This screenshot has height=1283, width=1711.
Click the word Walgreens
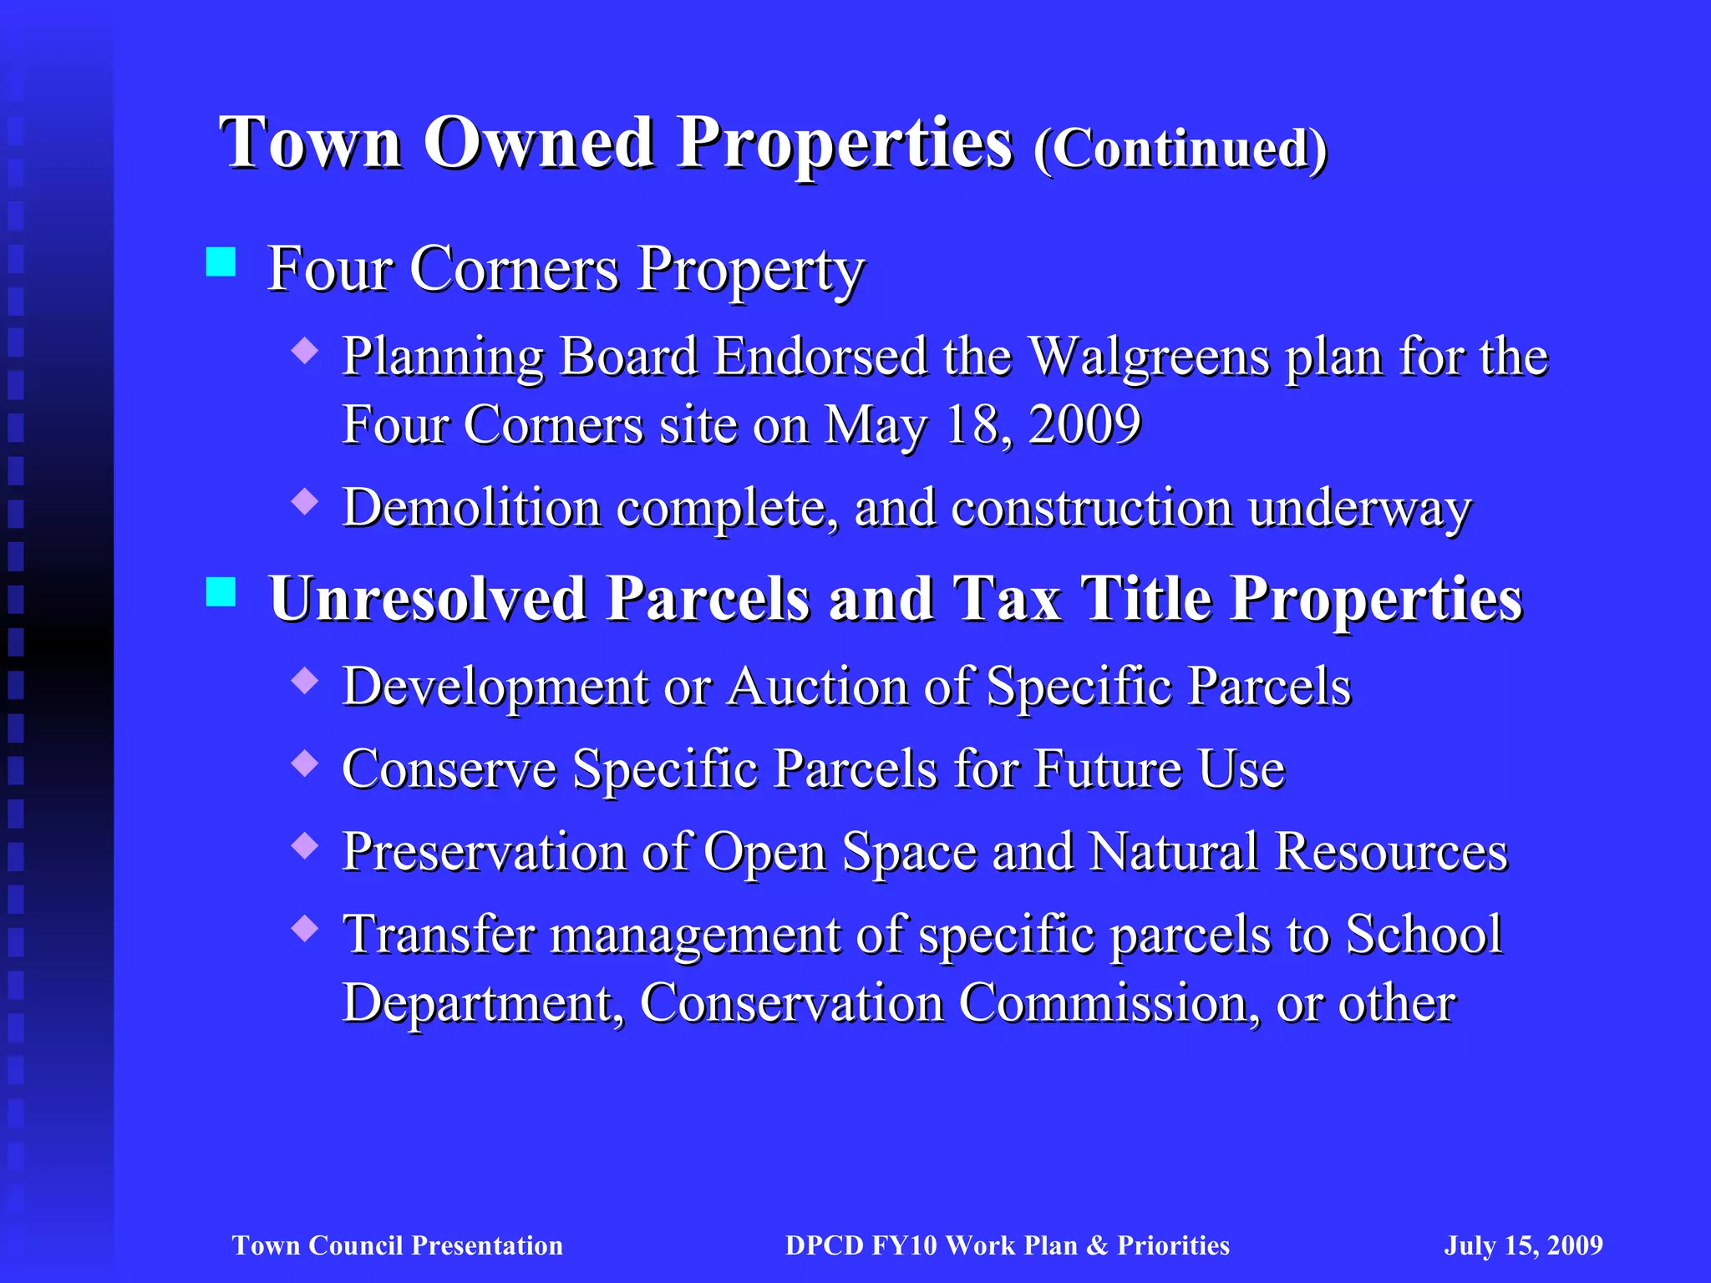(1149, 358)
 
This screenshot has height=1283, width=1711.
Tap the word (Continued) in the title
(1180, 149)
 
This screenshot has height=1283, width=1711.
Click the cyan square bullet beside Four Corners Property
(221, 261)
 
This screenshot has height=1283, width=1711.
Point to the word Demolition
(472, 508)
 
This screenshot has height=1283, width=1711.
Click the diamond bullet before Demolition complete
(306, 501)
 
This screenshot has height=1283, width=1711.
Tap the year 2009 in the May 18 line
(1084, 424)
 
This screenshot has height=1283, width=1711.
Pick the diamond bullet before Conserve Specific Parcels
(306, 763)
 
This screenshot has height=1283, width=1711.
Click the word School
(1424, 934)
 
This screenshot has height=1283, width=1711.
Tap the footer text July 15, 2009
(1523, 1245)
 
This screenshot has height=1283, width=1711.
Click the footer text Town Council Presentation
(398, 1245)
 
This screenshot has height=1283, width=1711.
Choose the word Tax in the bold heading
(1007, 599)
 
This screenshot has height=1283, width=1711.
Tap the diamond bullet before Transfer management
(306, 928)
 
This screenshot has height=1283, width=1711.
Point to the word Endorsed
(820, 358)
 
